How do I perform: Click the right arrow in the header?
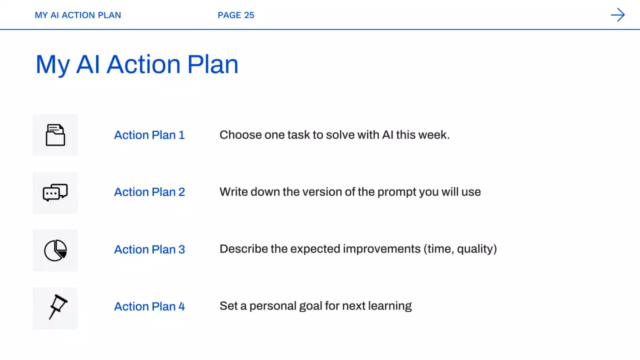coord(617,15)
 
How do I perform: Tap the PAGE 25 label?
coord(235,15)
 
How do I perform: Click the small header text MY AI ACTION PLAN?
coord(77,15)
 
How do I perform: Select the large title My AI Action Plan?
coord(137,64)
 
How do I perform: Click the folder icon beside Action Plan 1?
coord(55,135)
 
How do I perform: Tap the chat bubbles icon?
coord(55,192)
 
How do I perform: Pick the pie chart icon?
coord(55,250)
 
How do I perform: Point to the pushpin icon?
coord(57,307)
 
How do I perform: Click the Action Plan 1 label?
coord(149,135)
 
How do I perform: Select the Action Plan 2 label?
coord(149,192)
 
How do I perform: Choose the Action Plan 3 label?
coord(149,249)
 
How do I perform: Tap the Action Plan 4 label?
coord(149,306)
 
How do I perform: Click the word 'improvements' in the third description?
coord(381,249)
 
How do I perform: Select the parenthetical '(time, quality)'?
coord(460,249)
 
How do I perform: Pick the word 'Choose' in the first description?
coord(240,135)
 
